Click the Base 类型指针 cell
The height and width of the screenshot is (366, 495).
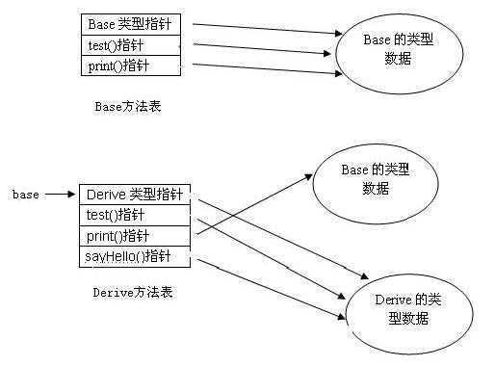[x=129, y=24]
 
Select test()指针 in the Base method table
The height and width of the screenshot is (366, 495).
[x=129, y=44]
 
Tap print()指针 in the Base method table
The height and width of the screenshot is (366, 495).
[x=129, y=65]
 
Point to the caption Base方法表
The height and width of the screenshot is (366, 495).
[x=128, y=106]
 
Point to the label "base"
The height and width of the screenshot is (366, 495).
[x=26, y=195]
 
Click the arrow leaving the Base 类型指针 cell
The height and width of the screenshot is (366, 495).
[x=260, y=29]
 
